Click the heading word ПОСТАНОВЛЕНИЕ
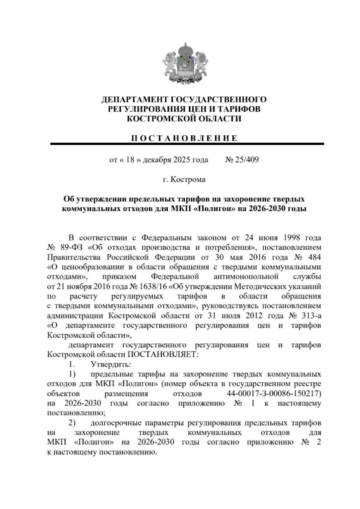(x=184, y=138)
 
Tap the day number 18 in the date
(x=130, y=160)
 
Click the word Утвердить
(x=110, y=364)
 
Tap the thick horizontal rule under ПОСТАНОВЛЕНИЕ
(x=187, y=144)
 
